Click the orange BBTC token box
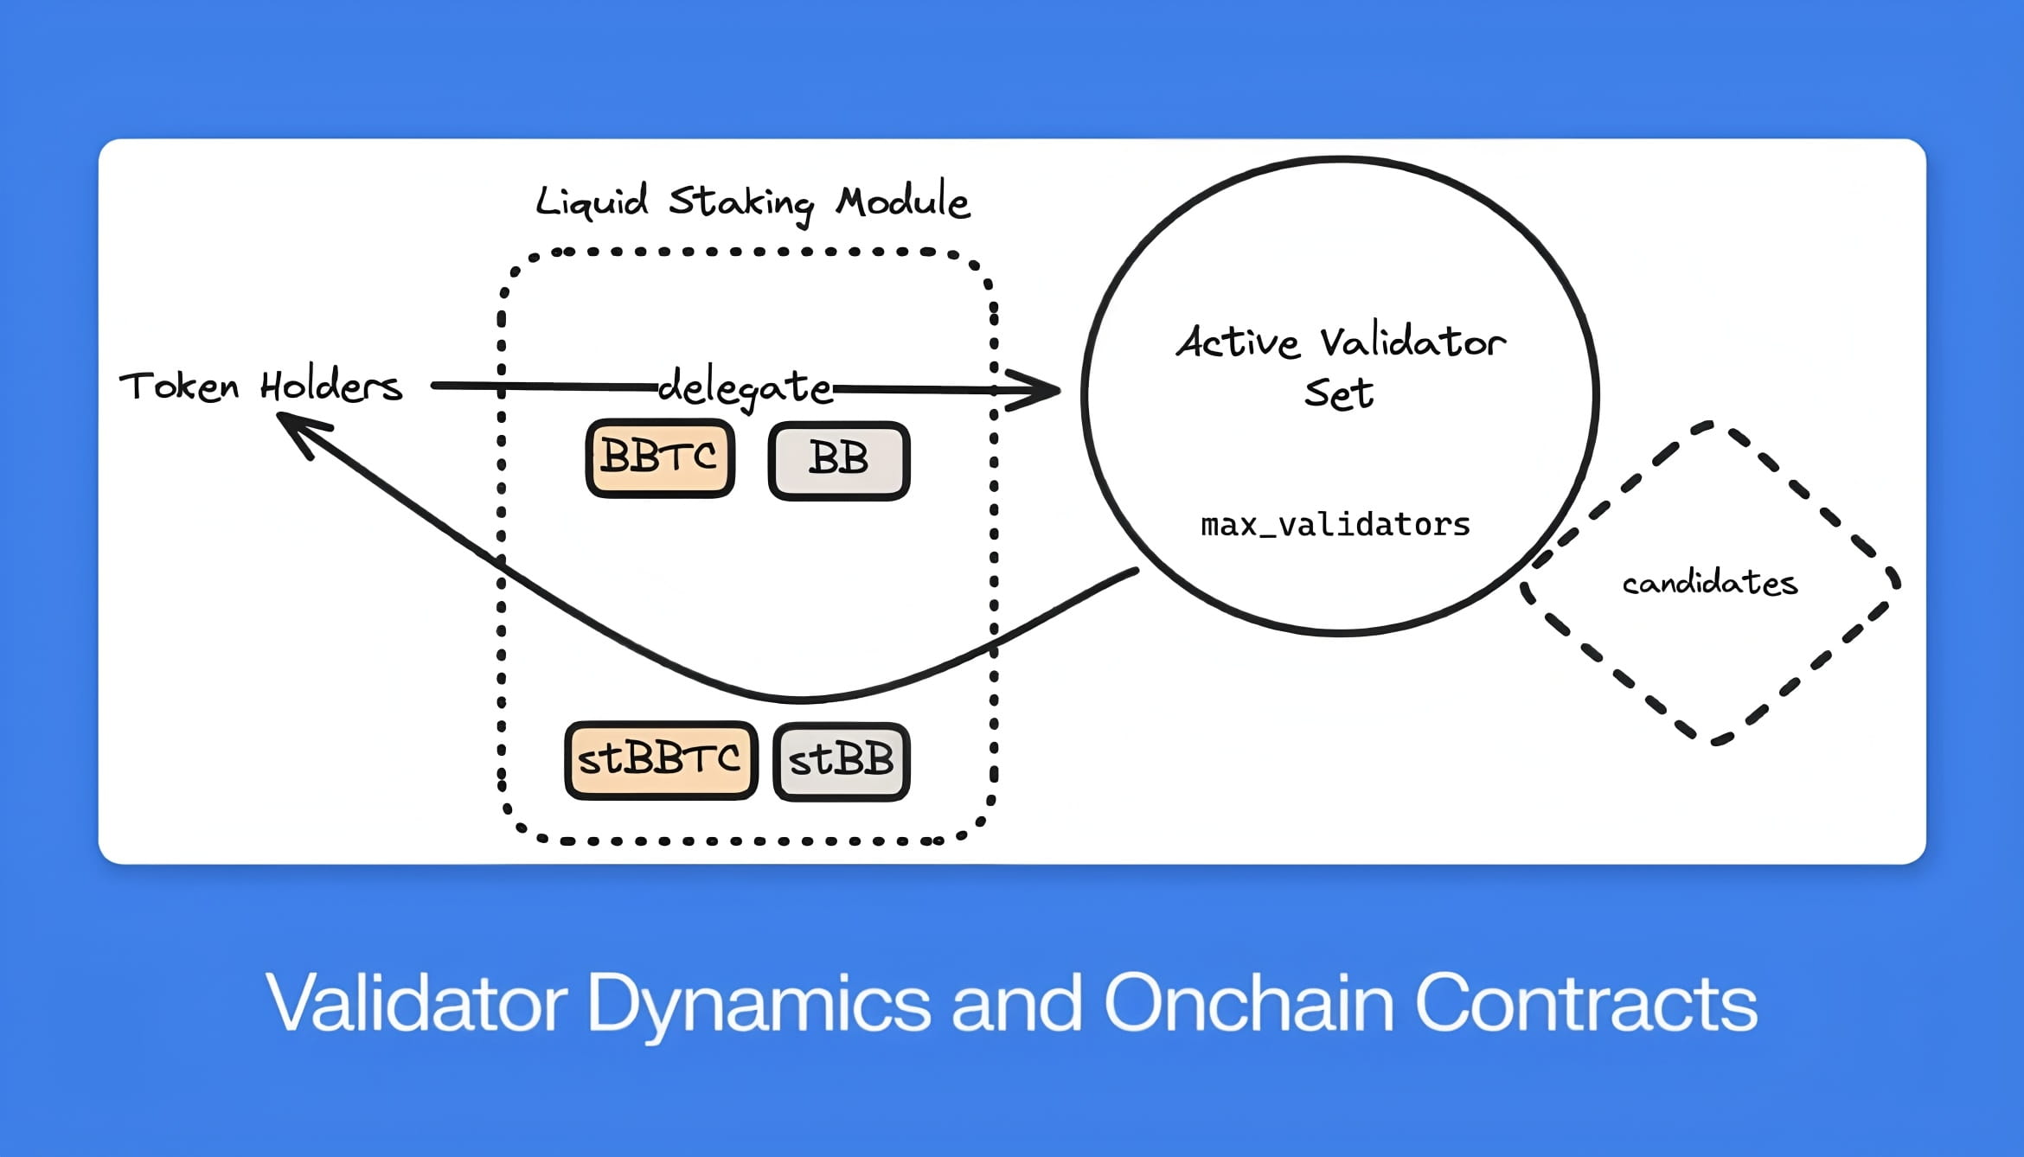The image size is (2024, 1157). point(660,458)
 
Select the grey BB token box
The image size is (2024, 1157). point(839,461)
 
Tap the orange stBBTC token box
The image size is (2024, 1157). point(661,760)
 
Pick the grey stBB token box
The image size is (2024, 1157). point(842,762)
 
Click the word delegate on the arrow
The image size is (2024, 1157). point(745,387)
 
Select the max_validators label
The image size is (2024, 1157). point(1335,525)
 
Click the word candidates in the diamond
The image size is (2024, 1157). point(1710,583)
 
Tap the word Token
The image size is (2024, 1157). point(179,386)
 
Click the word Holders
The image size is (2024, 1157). point(331,385)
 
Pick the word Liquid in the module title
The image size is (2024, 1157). point(592,201)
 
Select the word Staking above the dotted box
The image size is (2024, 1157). point(741,204)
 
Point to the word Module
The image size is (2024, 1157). point(903,200)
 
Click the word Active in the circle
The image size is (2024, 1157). point(1238,342)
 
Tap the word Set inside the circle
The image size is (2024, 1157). point(1339,393)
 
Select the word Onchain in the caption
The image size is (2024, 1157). point(1249,1002)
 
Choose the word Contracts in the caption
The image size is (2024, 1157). point(1586,1003)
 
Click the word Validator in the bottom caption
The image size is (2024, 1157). point(416,1002)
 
